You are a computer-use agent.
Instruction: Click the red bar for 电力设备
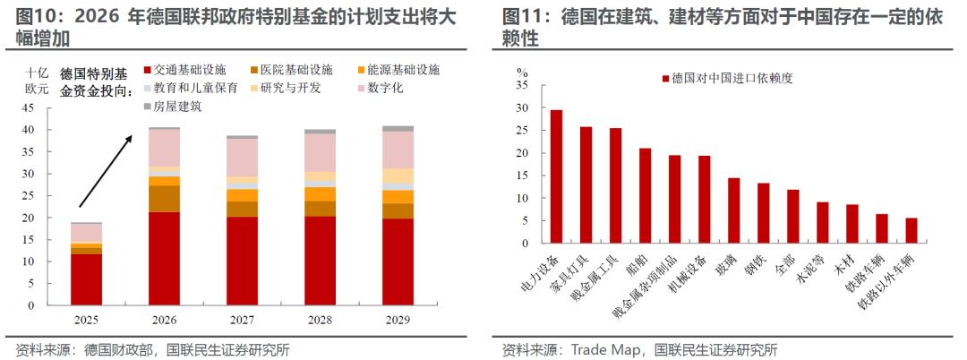[x=556, y=176]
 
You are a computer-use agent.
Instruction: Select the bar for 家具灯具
[x=586, y=184]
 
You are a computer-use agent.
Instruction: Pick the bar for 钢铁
[x=763, y=213]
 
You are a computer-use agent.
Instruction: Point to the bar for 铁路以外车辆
[x=911, y=230]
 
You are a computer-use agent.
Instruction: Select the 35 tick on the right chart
[x=522, y=86]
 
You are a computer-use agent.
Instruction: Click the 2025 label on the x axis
[x=86, y=320]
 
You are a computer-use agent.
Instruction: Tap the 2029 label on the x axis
[x=398, y=320]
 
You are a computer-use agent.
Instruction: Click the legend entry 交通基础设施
[x=189, y=69]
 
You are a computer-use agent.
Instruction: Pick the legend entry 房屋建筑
[x=177, y=106]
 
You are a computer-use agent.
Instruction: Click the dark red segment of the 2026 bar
[x=164, y=259]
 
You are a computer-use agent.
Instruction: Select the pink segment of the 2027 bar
[x=242, y=158]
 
